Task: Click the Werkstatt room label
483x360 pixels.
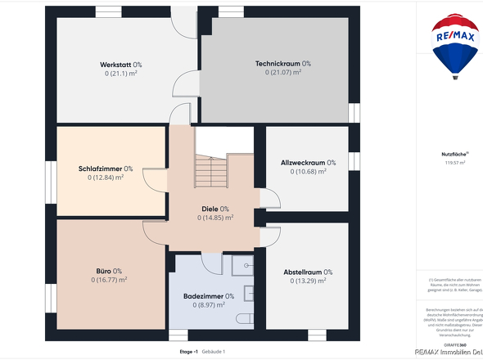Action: coord(121,64)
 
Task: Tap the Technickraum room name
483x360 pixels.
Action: coord(282,63)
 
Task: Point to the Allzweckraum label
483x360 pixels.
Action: coord(308,162)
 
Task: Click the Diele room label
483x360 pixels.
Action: coord(215,209)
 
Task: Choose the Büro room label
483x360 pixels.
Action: coord(109,271)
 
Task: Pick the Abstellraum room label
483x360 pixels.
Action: coord(308,272)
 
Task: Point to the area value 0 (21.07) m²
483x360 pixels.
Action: coord(282,72)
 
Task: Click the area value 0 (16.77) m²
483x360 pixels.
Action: coord(109,280)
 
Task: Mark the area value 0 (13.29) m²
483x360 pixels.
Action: coord(308,281)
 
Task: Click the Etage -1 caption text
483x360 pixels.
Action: coord(189,351)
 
